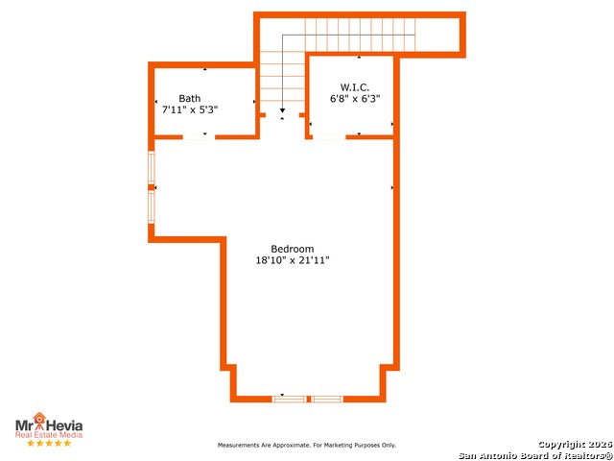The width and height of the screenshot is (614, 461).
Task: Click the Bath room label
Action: pos(190,98)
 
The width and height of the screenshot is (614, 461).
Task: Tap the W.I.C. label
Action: pos(354,87)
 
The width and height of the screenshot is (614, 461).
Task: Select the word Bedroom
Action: pos(292,249)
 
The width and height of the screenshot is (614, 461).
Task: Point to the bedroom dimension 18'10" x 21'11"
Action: pos(293,260)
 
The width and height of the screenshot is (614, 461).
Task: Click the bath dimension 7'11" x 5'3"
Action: pos(190,109)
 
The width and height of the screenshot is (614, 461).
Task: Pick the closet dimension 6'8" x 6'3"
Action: pos(355,98)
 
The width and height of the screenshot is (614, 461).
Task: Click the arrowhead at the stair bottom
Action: pos(282,110)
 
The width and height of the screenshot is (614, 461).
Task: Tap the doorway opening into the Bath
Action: pos(199,136)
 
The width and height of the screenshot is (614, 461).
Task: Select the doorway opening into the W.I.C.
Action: pos(329,136)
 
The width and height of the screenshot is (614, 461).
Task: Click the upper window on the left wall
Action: pos(152,167)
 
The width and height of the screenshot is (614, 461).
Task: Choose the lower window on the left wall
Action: pos(152,206)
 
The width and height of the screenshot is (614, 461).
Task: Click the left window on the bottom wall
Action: pos(290,400)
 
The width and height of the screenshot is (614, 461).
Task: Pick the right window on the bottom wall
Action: pos(327,400)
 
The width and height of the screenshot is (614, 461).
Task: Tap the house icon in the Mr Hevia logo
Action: pos(38,419)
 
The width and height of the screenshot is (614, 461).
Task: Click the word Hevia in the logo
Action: pos(64,425)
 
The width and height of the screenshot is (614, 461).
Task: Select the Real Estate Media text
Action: pos(49,435)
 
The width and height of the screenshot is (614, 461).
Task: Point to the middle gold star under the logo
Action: pos(49,443)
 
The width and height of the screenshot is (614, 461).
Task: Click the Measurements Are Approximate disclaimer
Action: pos(307,445)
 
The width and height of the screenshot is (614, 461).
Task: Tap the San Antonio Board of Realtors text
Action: pos(535,455)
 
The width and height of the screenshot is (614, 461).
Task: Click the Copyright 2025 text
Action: pos(576,444)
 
